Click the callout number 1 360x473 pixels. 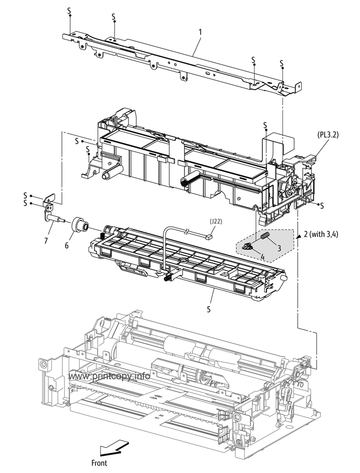200,32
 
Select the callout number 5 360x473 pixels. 209,309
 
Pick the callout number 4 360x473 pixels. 262,257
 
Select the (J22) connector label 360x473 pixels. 216,222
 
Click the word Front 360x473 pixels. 99,463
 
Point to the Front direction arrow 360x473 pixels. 111,449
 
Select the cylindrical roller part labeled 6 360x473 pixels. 79,225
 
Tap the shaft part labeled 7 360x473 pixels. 57,216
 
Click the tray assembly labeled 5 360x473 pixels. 188,262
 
